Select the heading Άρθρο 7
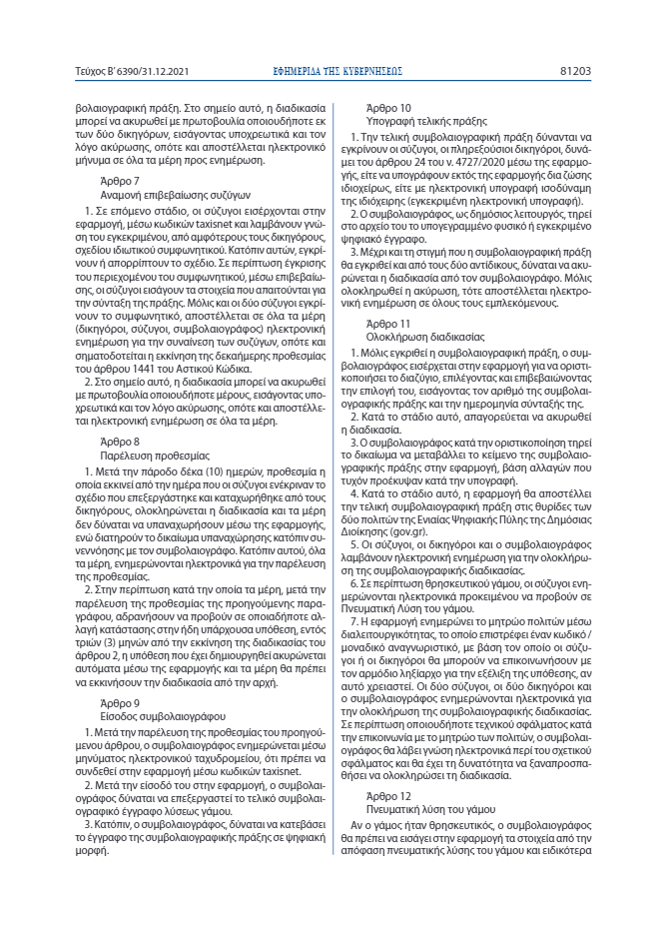tap(120, 181)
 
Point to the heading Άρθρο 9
tap(120, 675)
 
